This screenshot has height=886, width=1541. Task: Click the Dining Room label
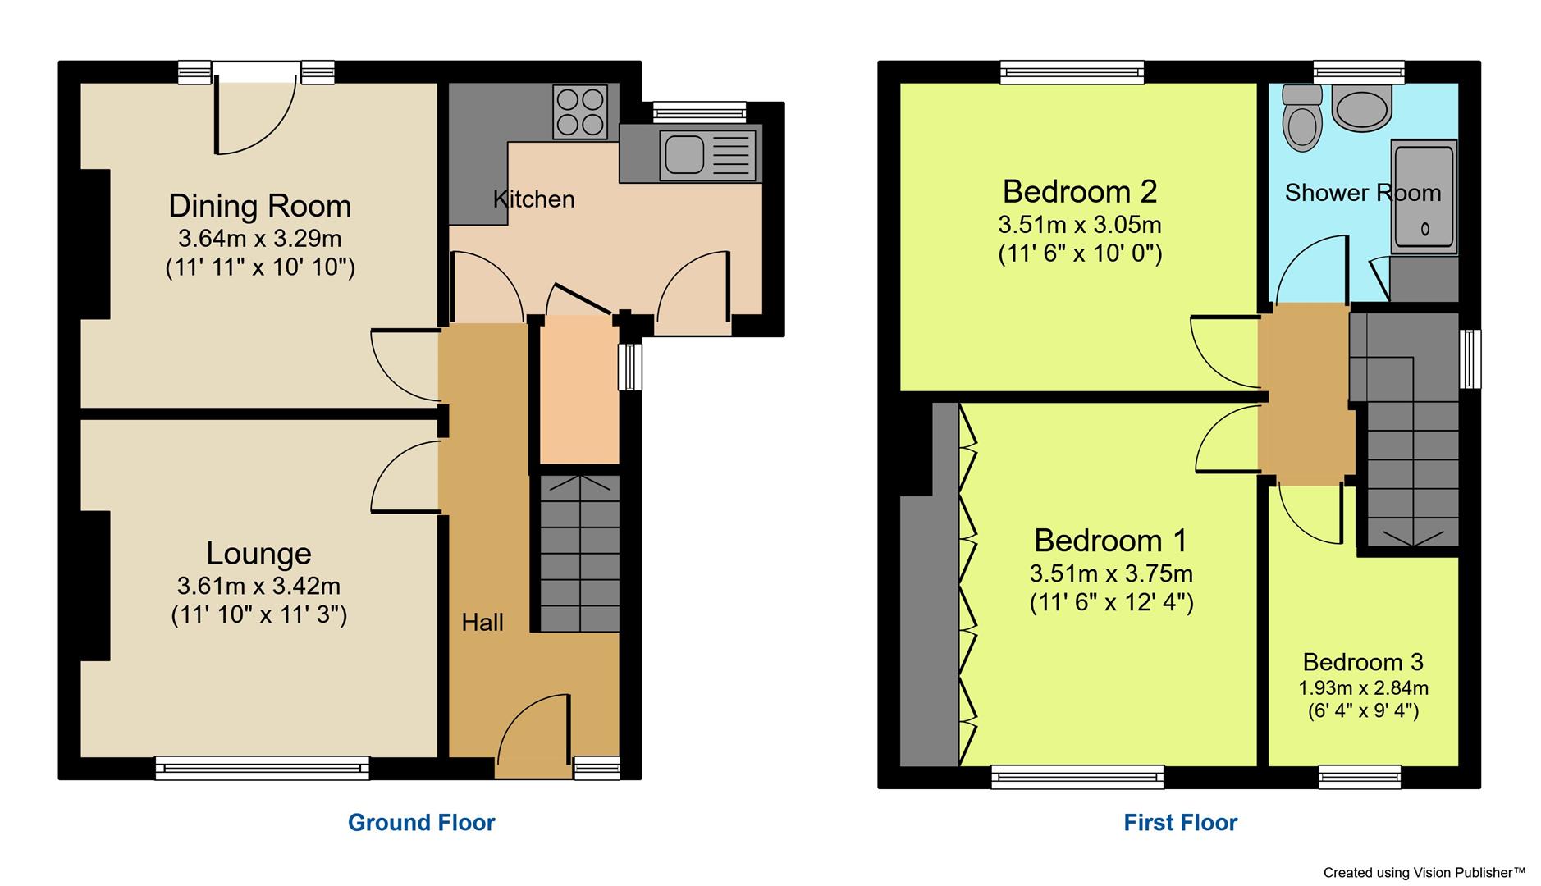pos(259,206)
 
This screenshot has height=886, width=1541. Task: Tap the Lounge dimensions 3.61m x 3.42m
pos(258,586)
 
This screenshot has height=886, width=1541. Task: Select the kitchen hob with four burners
pos(580,112)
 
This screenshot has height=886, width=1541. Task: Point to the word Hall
pos(482,623)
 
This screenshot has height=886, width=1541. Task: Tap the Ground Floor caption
pos(421,822)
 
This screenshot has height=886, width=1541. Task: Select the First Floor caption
pos(1180,822)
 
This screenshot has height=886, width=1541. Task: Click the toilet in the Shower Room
pos(1302,119)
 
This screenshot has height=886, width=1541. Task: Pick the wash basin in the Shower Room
pos(1360,109)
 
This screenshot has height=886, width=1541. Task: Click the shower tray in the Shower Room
pos(1424,198)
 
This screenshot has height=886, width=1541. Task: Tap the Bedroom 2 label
pos(1079,192)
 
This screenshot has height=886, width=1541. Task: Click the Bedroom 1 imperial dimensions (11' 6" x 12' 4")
pos(1111,603)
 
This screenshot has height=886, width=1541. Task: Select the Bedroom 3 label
pos(1362,662)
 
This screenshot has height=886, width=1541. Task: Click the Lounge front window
pos(262,768)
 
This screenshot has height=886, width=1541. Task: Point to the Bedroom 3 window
pos(1360,776)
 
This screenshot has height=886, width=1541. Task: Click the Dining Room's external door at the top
pos(255,111)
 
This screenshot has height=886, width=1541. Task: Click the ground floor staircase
pos(580,554)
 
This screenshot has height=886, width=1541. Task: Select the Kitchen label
pos(533,199)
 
